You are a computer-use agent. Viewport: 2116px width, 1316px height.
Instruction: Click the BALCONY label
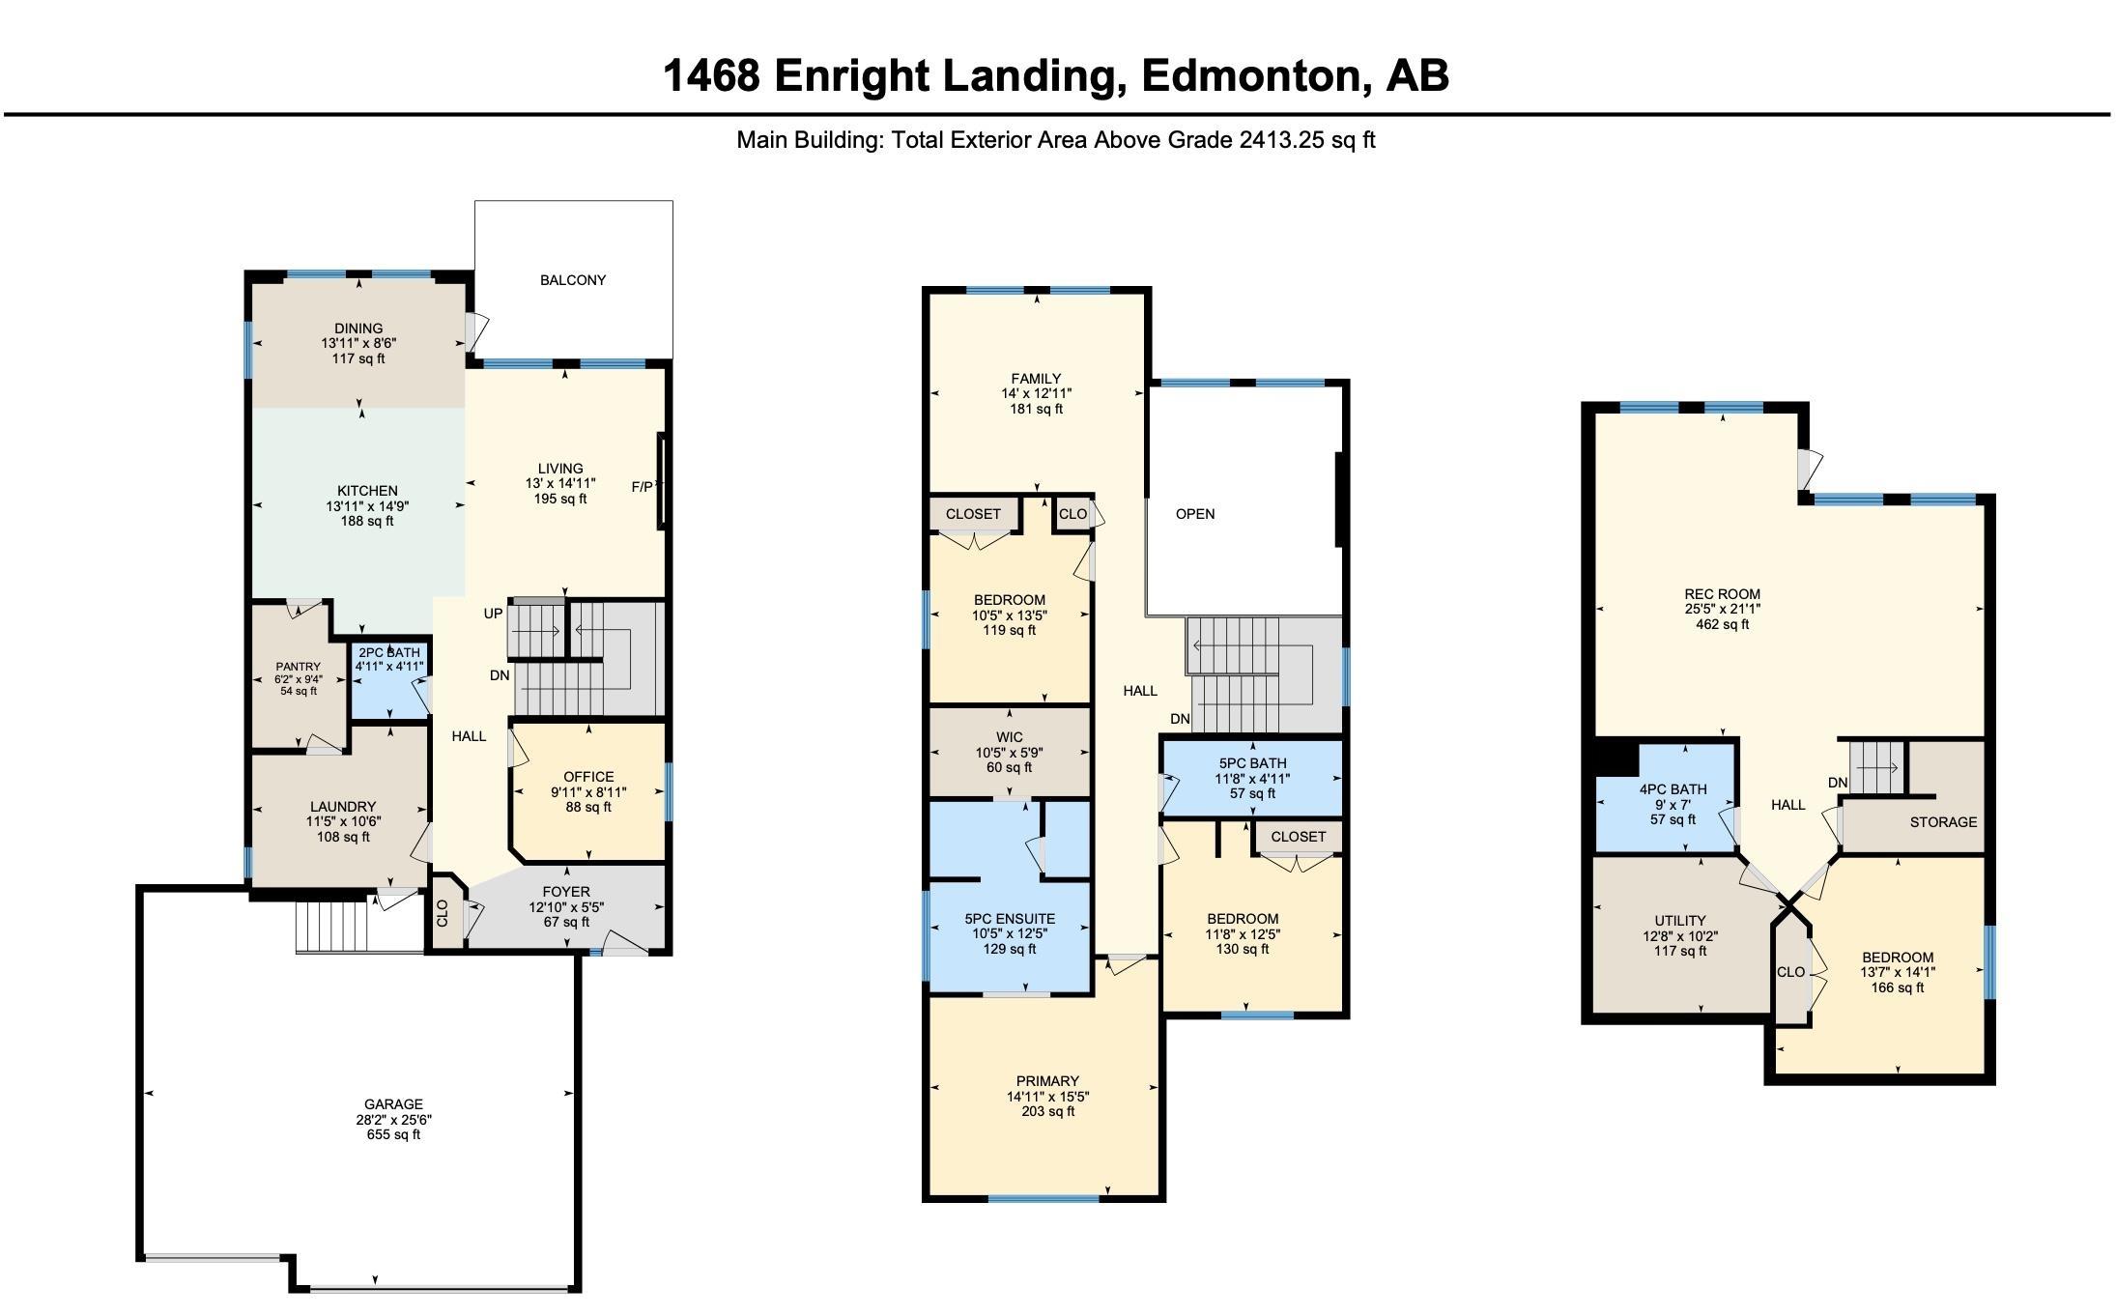[x=573, y=280]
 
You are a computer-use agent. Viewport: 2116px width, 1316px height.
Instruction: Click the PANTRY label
[x=298, y=667]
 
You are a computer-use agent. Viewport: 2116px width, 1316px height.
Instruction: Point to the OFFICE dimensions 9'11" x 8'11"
[x=588, y=792]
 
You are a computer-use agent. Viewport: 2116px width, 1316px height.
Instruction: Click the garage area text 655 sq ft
[x=393, y=1134]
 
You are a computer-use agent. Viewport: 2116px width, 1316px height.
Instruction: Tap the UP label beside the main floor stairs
[x=493, y=614]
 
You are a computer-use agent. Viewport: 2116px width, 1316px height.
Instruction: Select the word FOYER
[x=566, y=892]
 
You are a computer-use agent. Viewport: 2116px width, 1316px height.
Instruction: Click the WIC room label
[x=1010, y=737]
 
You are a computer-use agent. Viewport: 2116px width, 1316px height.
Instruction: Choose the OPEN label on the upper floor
[x=1195, y=514]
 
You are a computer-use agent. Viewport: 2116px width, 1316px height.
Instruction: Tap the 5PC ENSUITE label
[x=1010, y=919]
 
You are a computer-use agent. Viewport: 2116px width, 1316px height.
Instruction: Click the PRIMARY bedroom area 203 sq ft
[x=1047, y=1111]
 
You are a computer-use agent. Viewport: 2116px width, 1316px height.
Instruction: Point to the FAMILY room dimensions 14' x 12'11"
[x=1037, y=394]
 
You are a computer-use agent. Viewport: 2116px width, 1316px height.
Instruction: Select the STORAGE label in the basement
[x=1943, y=822]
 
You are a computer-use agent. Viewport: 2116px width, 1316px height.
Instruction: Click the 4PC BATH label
[x=1673, y=789]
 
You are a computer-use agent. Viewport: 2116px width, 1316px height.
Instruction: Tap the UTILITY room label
[x=1680, y=921]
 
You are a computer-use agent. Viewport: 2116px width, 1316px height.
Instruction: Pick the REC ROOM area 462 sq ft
[x=1723, y=624]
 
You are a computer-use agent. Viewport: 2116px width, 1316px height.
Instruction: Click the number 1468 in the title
[x=712, y=75]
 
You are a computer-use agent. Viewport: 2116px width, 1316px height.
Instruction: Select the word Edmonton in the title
[x=1253, y=76]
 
